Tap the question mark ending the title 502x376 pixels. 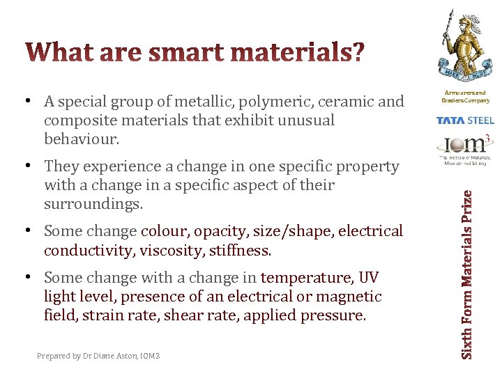click(x=356, y=52)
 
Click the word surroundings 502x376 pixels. click(x=92, y=204)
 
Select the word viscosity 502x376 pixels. click(x=165, y=250)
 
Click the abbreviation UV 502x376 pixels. click(x=368, y=278)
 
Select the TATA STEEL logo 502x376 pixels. click(x=465, y=120)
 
